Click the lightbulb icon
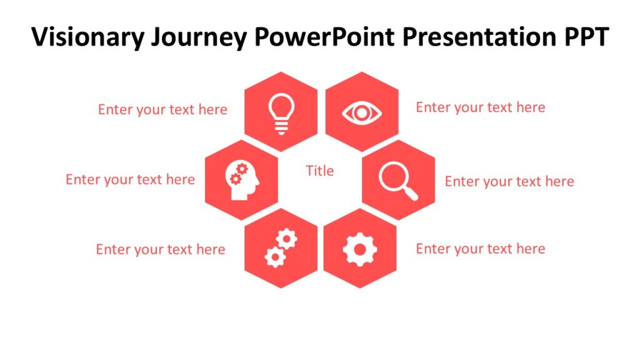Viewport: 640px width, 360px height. click(x=281, y=113)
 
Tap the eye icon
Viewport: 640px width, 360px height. click(x=362, y=113)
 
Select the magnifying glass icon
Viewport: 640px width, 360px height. click(x=397, y=181)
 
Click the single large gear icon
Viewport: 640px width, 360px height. click(x=360, y=249)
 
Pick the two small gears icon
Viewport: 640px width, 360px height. click(x=281, y=249)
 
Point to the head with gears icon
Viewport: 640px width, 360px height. click(x=242, y=181)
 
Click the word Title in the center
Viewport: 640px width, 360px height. click(x=319, y=171)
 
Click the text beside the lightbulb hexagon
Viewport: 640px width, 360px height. click(x=162, y=110)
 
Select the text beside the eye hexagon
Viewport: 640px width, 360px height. click(x=480, y=107)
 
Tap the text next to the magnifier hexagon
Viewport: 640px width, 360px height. click(x=509, y=182)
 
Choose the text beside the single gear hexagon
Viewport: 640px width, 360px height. click(x=480, y=249)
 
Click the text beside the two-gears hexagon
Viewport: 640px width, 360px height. click(x=160, y=249)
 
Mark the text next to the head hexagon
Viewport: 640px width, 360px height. click(x=130, y=180)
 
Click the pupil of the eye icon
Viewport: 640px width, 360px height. click(x=362, y=113)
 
